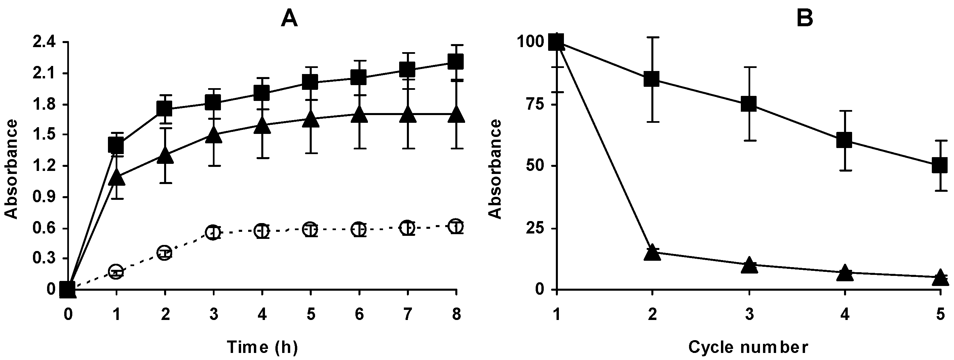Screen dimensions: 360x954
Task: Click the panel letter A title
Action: tap(289, 19)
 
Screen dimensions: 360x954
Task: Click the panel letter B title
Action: tap(804, 19)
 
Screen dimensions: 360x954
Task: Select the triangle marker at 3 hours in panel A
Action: tap(213, 135)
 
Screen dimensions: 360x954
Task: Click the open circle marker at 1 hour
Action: tap(116, 272)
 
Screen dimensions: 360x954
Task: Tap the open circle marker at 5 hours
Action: tap(310, 229)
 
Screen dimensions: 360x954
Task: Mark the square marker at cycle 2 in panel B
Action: tap(652, 79)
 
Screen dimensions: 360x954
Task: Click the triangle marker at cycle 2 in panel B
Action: tap(652, 254)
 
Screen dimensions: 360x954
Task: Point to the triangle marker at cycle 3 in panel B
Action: tap(749, 265)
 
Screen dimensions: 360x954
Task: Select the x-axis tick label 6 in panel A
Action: tap(359, 315)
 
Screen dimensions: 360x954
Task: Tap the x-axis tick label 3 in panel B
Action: tap(749, 315)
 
